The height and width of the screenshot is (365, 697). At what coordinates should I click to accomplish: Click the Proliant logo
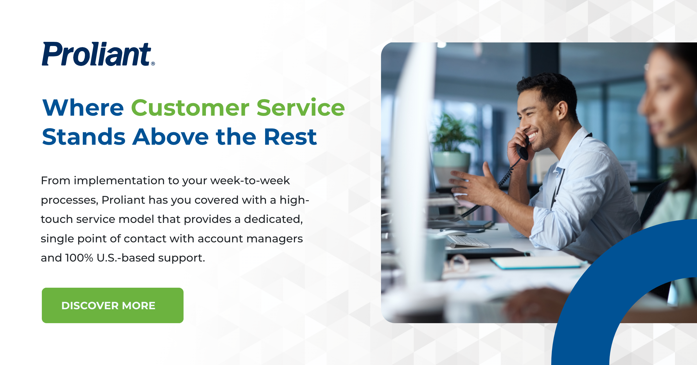tap(97, 54)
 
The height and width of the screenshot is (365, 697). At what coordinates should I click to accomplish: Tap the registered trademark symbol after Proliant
tap(153, 64)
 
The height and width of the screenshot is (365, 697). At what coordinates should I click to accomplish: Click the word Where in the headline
tap(83, 108)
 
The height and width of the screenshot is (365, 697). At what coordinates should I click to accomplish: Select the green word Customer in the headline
tap(190, 108)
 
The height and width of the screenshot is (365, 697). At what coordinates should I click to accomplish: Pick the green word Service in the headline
tap(301, 108)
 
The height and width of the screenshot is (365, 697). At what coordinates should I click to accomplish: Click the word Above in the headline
tap(170, 137)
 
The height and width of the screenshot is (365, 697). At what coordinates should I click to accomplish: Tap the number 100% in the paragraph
tap(79, 258)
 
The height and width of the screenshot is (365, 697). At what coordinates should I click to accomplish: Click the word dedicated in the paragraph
tap(273, 219)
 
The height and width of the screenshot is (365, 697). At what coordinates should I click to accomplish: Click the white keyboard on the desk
tap(468, 241)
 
